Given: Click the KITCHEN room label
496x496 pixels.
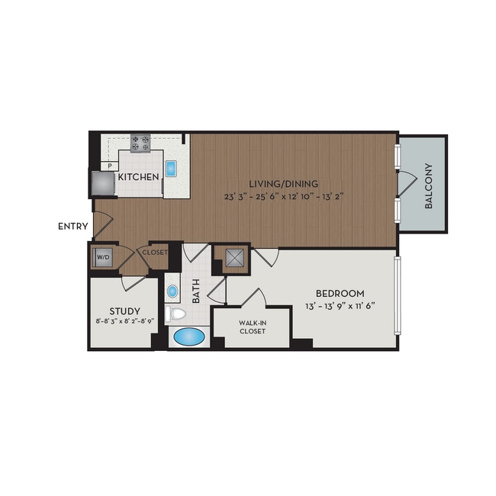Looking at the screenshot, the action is click(x=138, y=177).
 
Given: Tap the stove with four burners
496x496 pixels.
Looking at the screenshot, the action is click(x=140, y=143).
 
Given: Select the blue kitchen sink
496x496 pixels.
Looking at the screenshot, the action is click(x=171, y=169).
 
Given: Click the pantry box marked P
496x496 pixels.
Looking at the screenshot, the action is click(x=110, y=166).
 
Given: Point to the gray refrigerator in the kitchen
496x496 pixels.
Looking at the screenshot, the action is click(x=103, y=183).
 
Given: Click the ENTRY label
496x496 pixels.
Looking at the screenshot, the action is click(x=73, y=227).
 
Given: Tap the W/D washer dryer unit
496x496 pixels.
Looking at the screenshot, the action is click(x=103, y=257).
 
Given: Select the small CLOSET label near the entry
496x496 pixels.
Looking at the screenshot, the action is click(x=155, y=253).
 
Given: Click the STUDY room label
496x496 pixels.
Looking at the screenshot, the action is click(x=125, y=311).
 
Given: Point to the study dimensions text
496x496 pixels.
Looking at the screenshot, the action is click(x=125, y=320).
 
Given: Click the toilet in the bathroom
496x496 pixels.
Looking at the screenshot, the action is click(x=176, y=314).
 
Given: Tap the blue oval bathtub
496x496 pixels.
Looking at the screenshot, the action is click(x=189, y=337).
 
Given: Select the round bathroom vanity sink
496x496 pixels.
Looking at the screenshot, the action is click(x=172, y=291).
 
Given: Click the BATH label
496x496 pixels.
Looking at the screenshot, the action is click(x=196, y=291).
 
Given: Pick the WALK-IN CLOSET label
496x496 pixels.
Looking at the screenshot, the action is click(x=252, y=327).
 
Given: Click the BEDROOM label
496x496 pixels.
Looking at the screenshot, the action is click(x=340, y=294).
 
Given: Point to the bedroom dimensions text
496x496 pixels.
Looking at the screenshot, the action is click(x=340, y=306).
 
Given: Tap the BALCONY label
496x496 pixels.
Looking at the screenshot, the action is click(x=429, y=186).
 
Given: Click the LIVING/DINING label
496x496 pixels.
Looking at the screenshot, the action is click(x=284, y=183).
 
